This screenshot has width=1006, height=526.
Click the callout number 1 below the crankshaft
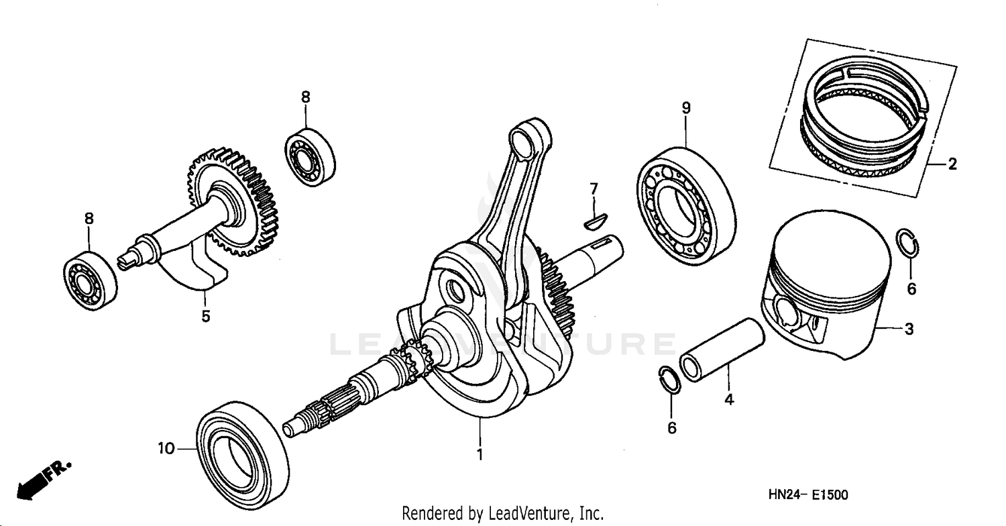pyautogui.click(x=480, y=454)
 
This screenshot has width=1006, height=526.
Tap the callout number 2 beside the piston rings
pyautogui.click(x=952, y=164)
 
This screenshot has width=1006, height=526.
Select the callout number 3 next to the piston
pyautogui.click(x=909, y=329)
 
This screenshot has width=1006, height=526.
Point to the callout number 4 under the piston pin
pyautogui.click(x=729, y=401)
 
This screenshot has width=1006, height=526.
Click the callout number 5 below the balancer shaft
pyautogui.click(x=206, y=315)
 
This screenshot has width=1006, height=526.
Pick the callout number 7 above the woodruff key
pyautogui.click(x=594, y=189)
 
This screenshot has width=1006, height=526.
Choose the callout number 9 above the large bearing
pyautogui.click(x=685, y=107)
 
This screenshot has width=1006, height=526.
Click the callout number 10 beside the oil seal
pyautogui.click(x=166, y=448)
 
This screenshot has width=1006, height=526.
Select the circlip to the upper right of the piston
pyautogui.click(x=908, y=243)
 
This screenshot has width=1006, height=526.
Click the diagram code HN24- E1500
pyautogui.click(x=808, y=495)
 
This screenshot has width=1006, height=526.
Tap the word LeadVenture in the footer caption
pyautogui.click(x=524, y=513)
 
